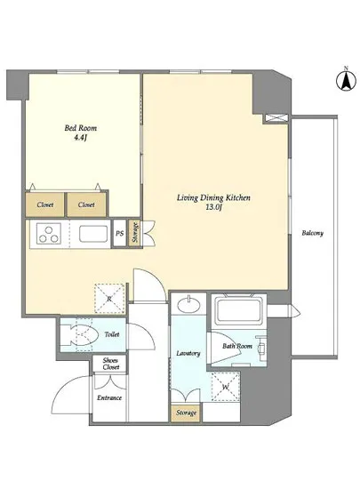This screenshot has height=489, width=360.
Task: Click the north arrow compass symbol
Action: point(346,80)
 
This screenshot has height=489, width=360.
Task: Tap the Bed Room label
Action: point(80,128)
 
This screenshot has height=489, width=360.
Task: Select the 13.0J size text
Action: point(213,208)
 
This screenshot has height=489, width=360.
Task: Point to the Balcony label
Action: point(312,233)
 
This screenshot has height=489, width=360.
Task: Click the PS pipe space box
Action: point(120,234)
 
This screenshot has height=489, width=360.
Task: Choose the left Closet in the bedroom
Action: point(44,204)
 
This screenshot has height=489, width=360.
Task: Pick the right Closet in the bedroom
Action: point(86,204)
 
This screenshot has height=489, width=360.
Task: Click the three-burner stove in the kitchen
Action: point(49,235)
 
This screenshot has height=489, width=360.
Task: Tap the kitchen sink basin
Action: point(93,234)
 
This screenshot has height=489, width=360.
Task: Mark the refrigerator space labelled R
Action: point(109,299)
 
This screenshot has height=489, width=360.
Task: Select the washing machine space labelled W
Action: point(226,387)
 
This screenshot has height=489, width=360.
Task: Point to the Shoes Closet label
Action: point(111,364)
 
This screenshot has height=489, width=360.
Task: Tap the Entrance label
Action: point(109,398)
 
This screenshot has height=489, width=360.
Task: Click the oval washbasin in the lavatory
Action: point(188,304)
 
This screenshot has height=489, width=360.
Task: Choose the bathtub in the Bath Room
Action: point(239,310)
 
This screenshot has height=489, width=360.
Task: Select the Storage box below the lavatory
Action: point(186,413)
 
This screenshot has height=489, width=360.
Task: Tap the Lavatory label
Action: point(188,353)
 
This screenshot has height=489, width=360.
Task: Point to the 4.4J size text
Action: point(80,137)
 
